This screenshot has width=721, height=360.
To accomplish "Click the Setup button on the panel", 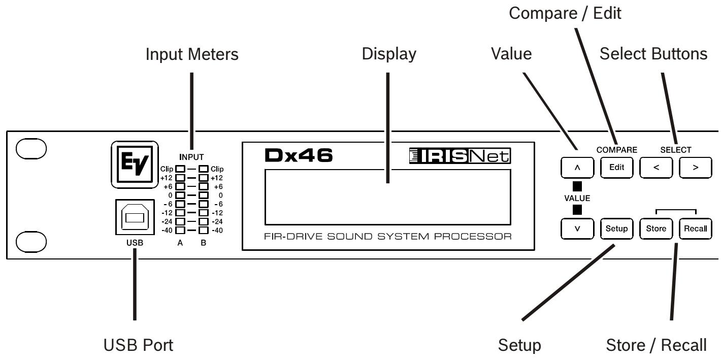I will (614, 228).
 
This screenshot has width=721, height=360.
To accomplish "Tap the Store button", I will (656, 228).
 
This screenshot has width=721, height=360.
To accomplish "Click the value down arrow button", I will (577, 228).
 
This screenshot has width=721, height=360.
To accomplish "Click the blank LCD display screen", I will (387, 197).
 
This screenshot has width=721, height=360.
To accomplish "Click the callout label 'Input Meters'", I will (192, 56).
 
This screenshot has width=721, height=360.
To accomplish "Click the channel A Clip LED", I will (180, 169).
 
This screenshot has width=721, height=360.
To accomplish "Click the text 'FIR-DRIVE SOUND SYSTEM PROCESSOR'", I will (387, 237).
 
